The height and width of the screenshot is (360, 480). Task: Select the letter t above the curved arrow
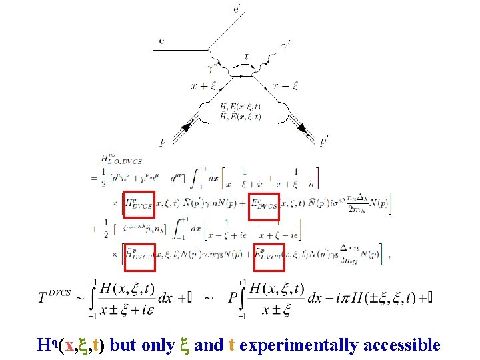click(x=247, y=57)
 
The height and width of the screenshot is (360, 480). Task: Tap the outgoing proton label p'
click(x=324, y=141)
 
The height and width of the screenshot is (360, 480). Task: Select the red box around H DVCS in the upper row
click(x=139, y=205)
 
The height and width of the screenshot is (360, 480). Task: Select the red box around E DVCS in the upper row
click(x=264, y=205)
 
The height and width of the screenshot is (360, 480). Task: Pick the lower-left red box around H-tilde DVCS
click(x=139, y=257)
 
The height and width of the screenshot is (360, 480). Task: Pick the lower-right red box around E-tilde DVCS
click(x=269, y=257)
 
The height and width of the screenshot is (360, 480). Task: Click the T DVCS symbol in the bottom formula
click(x=55, y=296)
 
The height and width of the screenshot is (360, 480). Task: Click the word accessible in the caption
click(x=404, y=345)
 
